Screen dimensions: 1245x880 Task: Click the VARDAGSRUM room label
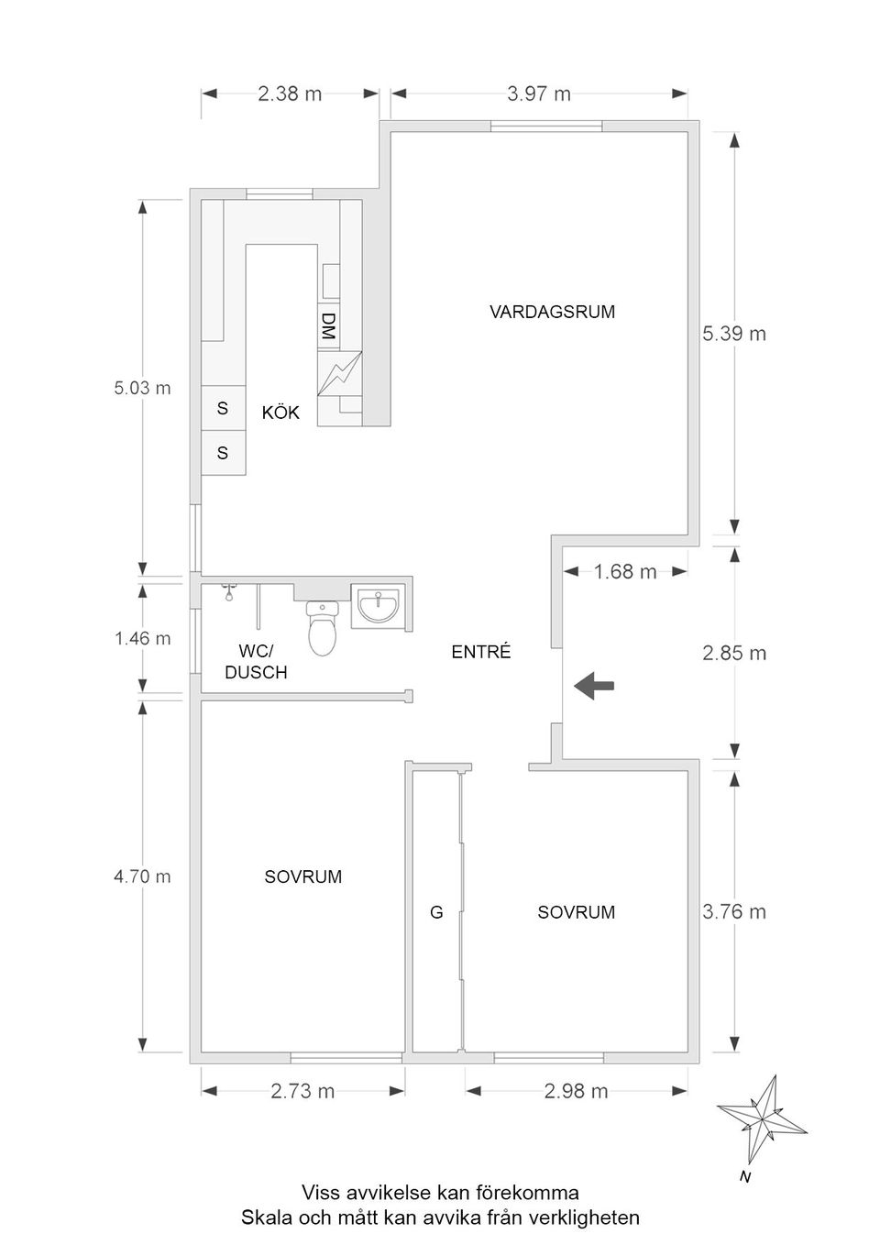(552, 312)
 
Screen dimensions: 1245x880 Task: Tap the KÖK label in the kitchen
(280, 413)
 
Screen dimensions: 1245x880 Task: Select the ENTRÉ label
(481, 652)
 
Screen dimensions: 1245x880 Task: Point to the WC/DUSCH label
(256, 662)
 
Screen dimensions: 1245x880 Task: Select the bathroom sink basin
(378, 605)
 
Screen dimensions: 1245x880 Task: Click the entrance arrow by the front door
(594, 685)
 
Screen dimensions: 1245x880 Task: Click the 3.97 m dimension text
(539, 94)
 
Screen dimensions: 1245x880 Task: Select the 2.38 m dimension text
(290, 94)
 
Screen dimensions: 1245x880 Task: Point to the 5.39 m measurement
(734, 334)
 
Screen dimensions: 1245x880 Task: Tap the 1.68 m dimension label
(625, 572)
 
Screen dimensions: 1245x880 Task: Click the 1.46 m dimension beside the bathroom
(142, 638)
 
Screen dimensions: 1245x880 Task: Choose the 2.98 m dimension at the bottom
(576, 1091)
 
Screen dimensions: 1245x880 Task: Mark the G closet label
(436, 913)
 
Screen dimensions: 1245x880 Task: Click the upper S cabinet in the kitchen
(223, 408)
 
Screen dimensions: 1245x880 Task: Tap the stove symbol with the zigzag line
(339, 371)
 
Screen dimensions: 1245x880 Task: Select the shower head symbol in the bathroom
(228, 593)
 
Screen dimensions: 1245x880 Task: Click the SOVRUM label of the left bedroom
(302, 876)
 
